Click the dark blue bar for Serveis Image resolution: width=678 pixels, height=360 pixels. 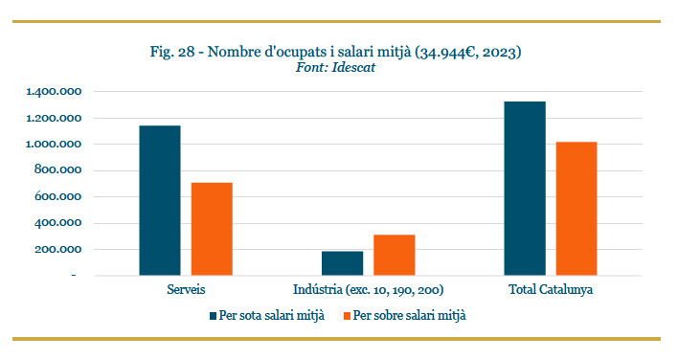coord(160,200)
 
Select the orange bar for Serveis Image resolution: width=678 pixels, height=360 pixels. coord(212,229)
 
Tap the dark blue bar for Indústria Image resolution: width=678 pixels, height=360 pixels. coord(343,263)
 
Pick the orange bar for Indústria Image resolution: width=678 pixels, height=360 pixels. coord(395,255)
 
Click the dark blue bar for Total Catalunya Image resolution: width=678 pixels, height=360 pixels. coord(525,189)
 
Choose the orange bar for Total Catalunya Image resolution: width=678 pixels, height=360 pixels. coord(576,209)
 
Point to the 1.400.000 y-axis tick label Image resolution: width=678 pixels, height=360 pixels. coord(54,92)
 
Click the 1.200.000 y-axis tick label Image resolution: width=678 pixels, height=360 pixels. coord(54,118)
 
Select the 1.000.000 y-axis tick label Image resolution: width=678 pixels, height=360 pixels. coord(54,144)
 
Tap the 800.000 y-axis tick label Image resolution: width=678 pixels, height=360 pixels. coord(58,170)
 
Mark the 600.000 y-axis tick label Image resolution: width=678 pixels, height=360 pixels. coord(58,196)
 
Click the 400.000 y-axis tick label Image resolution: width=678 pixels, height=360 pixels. coord(58,223)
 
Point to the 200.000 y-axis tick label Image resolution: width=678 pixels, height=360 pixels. coord(58,249)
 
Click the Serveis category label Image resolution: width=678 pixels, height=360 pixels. coord(186,289)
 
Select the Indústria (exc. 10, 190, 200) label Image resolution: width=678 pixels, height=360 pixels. coord(369,289)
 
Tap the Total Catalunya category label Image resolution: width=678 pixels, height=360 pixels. coord(551,289)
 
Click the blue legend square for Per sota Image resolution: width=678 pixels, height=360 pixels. coord(213,316)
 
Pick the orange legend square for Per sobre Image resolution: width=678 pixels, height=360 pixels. coord(347,316)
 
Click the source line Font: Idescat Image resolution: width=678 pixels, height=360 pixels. coord(335,67)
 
